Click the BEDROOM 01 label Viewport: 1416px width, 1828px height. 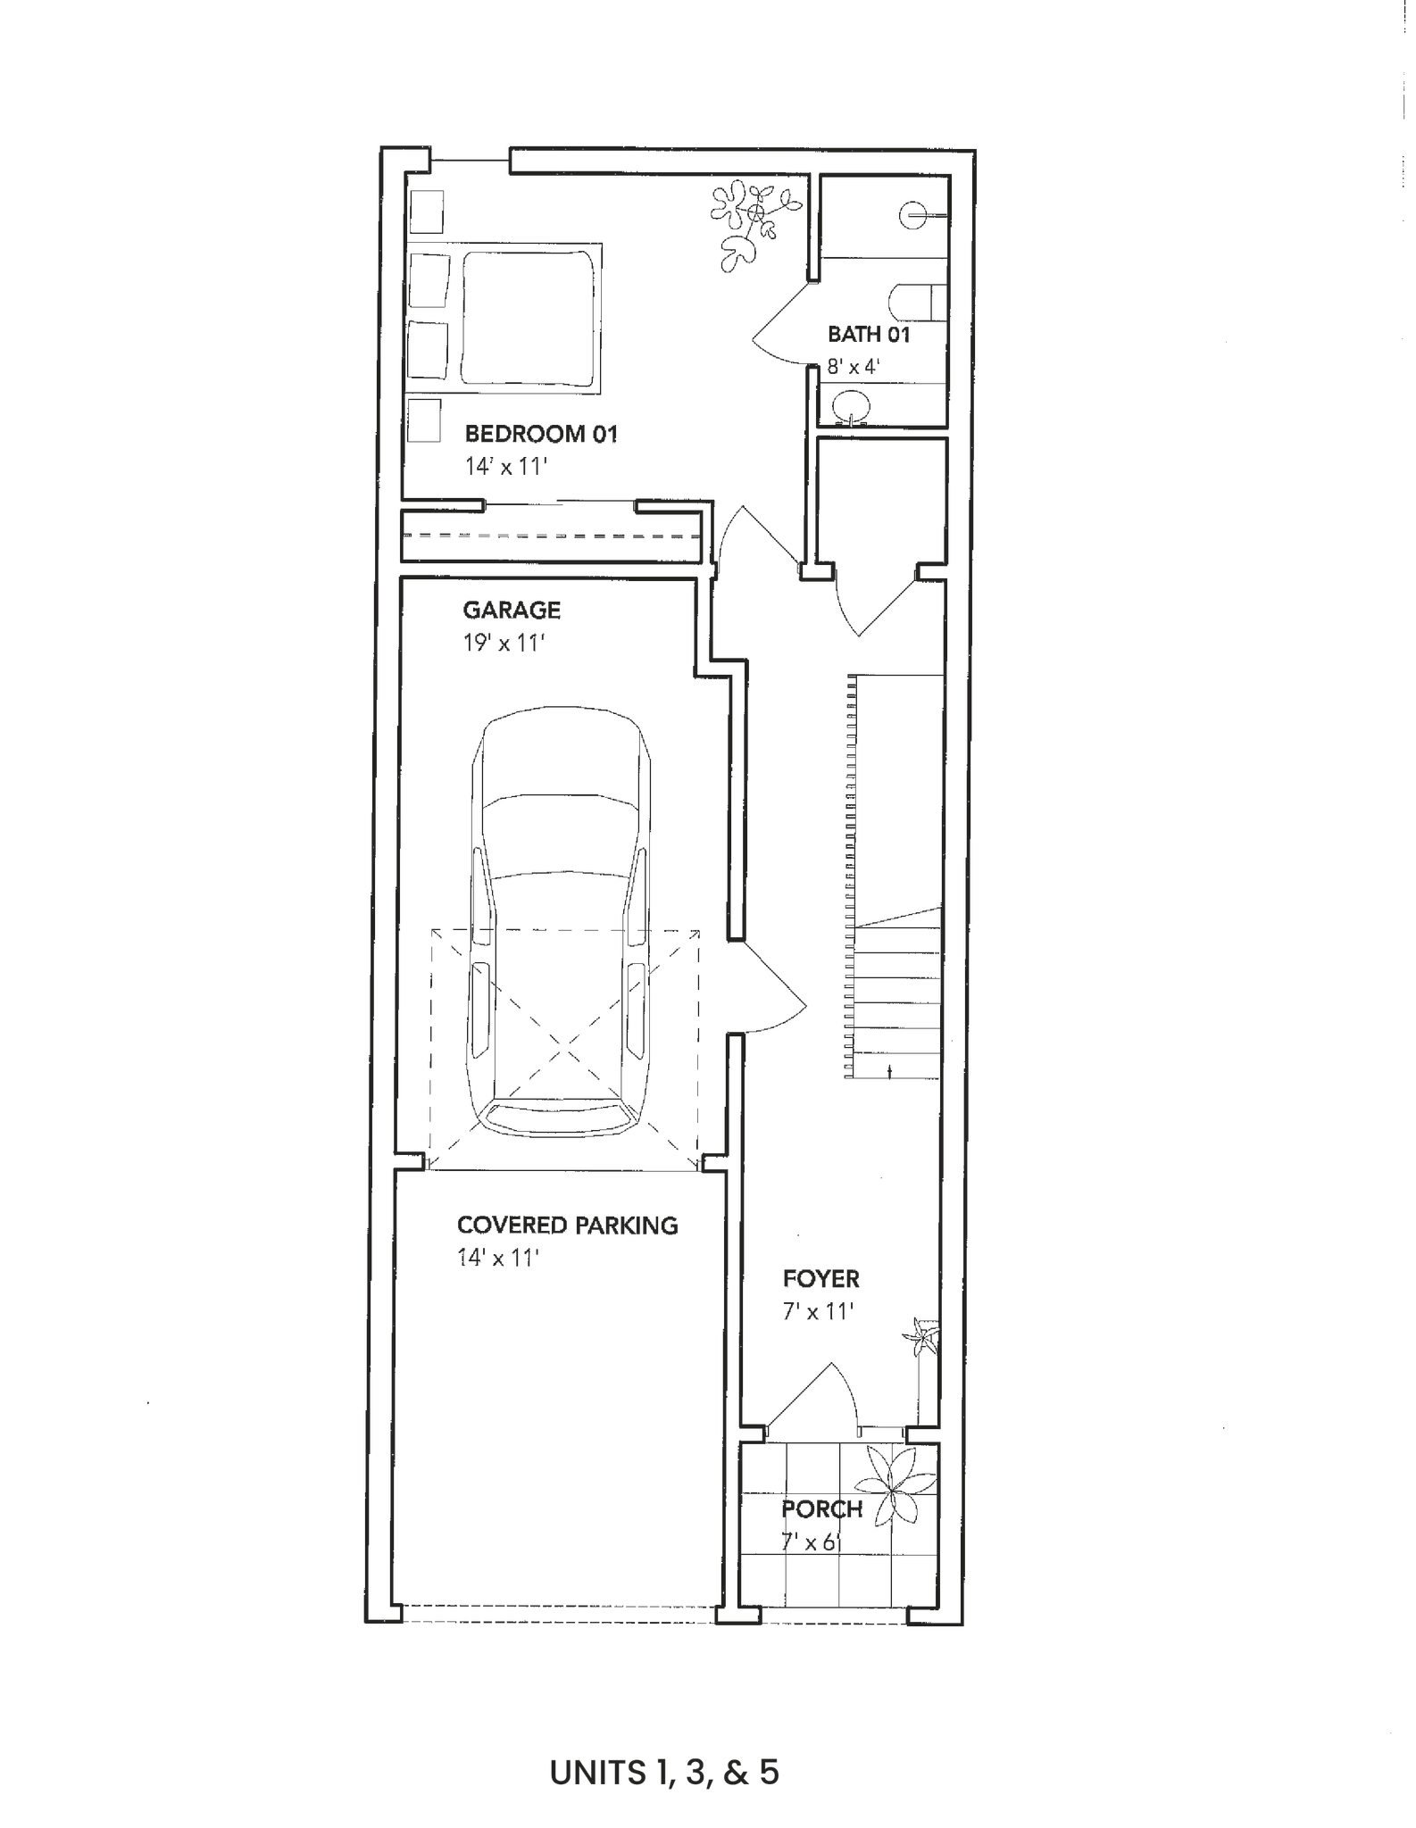[541, 435]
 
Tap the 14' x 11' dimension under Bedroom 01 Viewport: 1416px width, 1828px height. [504, 467]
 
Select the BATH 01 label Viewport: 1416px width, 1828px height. [869, 335]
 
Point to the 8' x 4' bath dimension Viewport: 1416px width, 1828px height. [854, 366]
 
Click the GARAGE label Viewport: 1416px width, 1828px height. [512, 611]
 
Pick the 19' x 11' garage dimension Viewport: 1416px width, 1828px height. [504, 643]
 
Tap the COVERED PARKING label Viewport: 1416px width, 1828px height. [568, 1226]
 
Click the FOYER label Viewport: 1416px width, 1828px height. [821, 1279]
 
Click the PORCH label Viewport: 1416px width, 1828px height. [822, 1509]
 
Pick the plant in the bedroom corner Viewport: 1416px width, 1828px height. [752, 223]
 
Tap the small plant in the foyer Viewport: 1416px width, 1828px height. [921, 1338]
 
